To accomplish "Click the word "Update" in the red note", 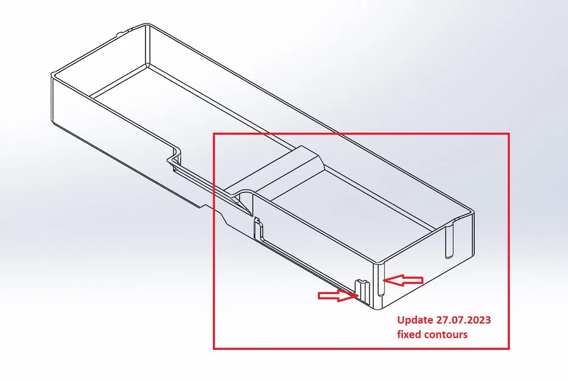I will click(415, 320).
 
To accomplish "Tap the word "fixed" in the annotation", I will click(408, 334).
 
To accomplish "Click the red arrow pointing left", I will click(405, 280).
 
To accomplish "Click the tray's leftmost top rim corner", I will click(52, 76).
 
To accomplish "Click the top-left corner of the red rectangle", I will click(214, 134).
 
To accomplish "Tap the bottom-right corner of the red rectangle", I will click(508, 348).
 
